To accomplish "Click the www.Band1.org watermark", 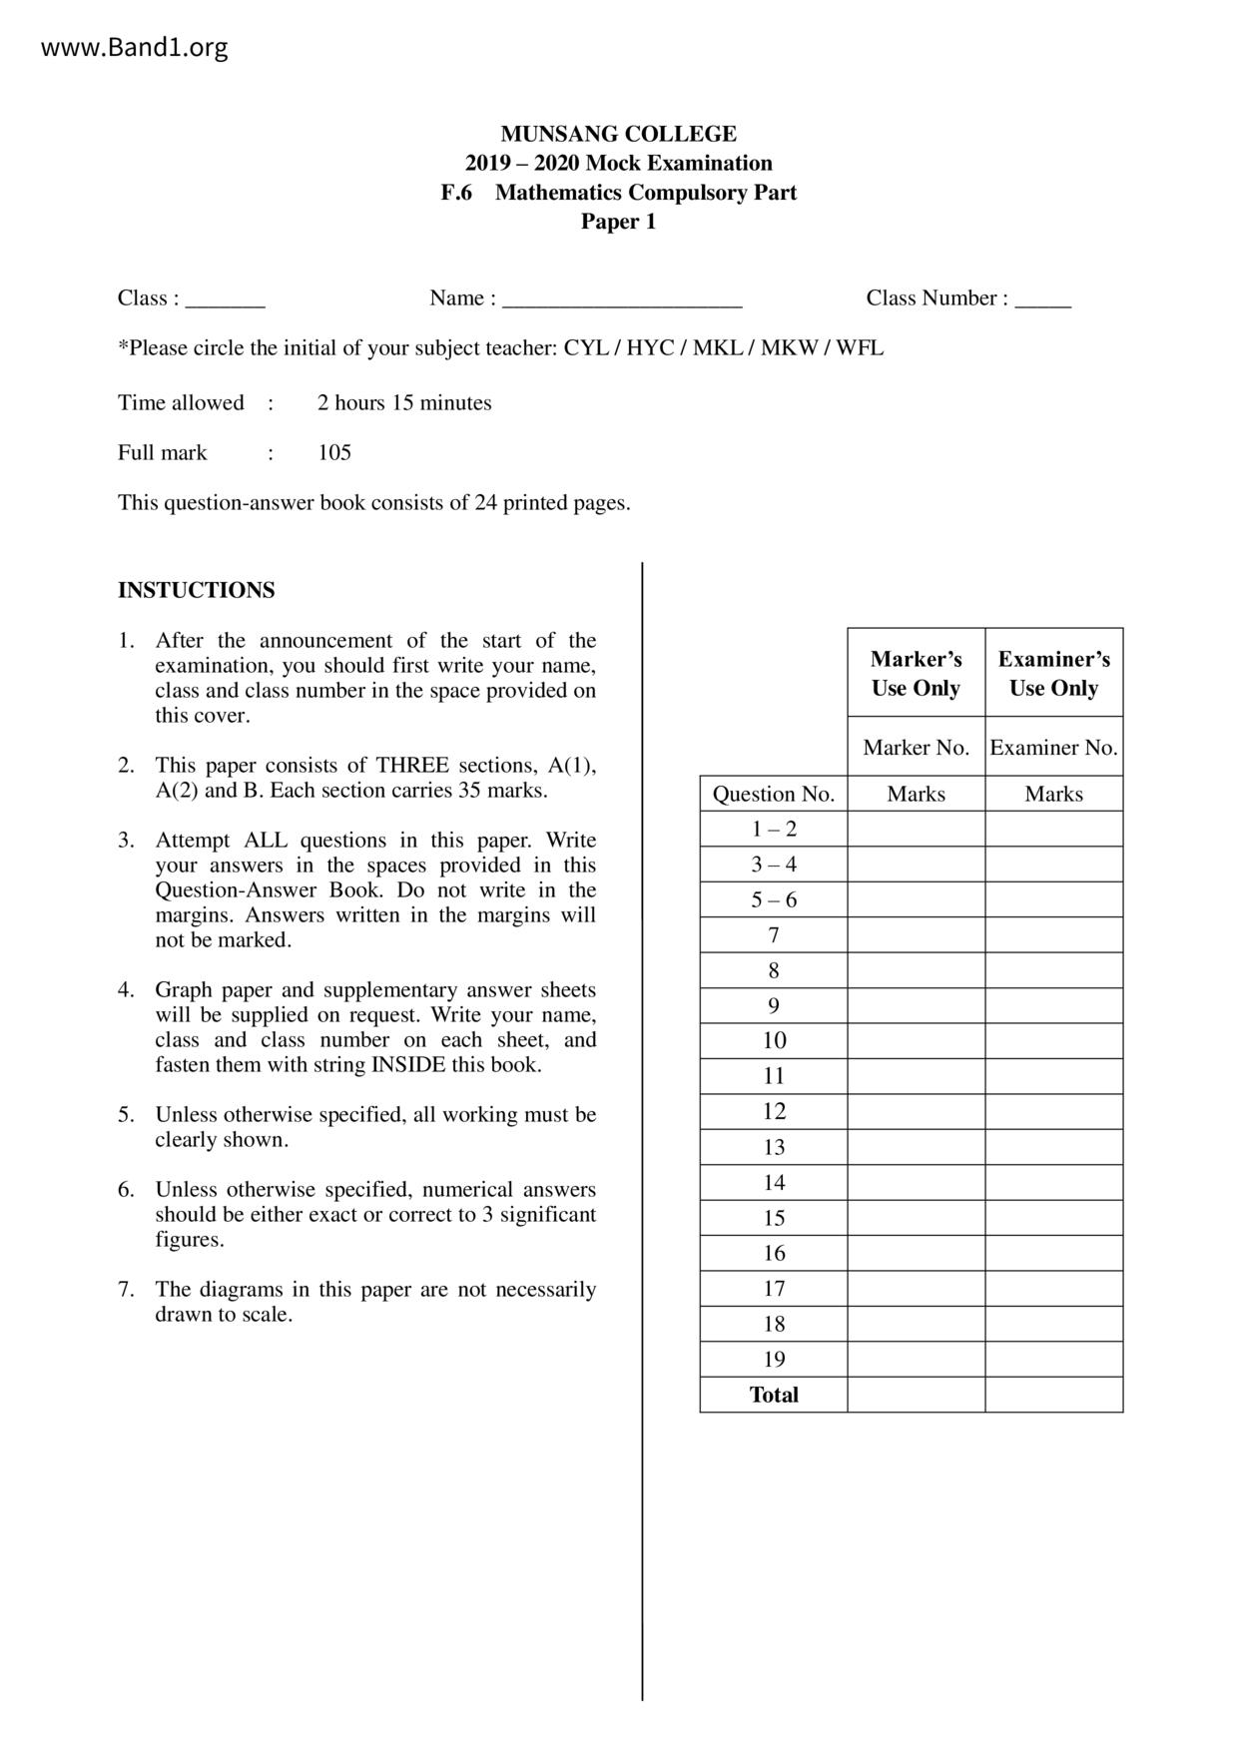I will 134,48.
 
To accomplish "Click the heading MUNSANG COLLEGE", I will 618,134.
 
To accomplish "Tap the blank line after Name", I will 622,300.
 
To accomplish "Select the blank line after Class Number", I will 1042,300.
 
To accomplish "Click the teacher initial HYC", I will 650,348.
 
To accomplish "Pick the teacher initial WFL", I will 860,348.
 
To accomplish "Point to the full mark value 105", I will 334,453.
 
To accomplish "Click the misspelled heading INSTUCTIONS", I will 196,590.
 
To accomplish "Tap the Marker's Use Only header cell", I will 916,673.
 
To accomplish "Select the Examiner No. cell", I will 1053,748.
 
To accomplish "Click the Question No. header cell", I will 773,795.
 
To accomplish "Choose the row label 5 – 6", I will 774,900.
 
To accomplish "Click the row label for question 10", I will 774,1041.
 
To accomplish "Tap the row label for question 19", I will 774,1360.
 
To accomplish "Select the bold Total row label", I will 774,1396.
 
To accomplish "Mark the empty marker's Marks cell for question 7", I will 916,935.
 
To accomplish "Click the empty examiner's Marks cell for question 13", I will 1053,1148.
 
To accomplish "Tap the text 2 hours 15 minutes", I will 404,403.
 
